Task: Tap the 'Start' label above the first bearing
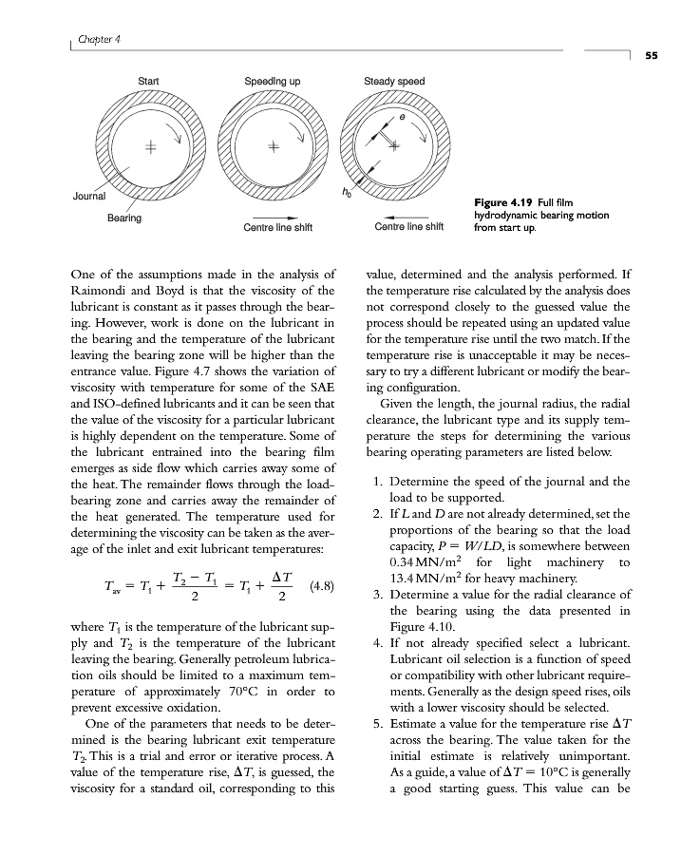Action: pos(149,82)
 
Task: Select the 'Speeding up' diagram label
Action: pos(273,82)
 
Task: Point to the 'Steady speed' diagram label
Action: pos(394,82)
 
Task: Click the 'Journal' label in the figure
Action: pos(90,196)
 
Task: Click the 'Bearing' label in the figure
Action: pos(123,218)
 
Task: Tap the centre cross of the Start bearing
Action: pos(149,148)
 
